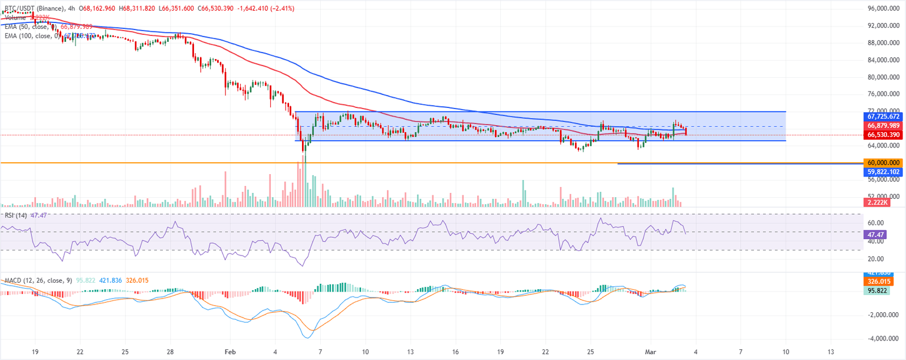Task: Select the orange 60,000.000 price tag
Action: pyautogui.click(x=882, y=162)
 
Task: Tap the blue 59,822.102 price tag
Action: pyautogui.click(x=882, y=172)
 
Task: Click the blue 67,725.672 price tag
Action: pyautogui.click(x=882, y=117)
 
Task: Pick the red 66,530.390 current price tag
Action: pyautogui.click(x=882, y=135)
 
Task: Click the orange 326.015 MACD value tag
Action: pyautogui.click(x=882, y=282)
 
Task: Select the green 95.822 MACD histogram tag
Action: pyautogui.click(x=882, y=290)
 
